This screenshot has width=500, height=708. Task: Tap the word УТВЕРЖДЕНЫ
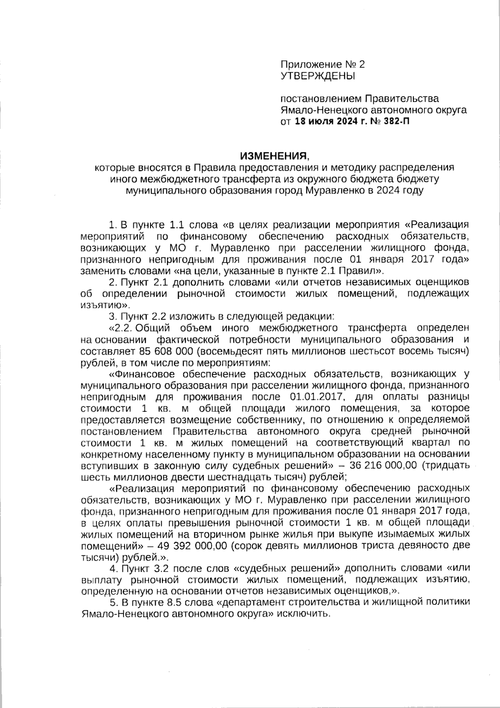click(318, 76)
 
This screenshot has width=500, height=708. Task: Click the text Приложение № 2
click(322, 64)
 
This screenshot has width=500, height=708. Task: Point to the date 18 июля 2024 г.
click(329, 122)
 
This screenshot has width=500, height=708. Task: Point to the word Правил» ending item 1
click(368, 270)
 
